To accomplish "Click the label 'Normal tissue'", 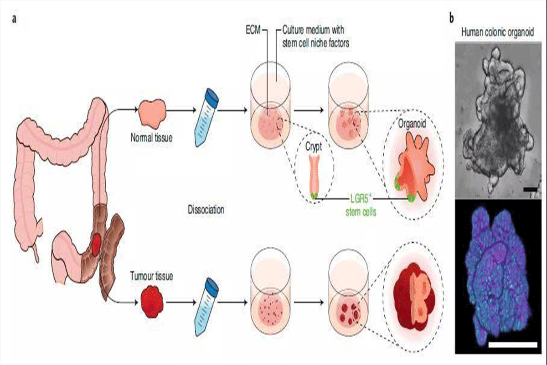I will coord(151,136).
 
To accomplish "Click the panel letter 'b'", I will coord(452,18).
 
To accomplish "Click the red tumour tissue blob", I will coord(152,301).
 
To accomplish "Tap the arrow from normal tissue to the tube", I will coord(180,110).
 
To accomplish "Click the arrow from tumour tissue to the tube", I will coord(180,301).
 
